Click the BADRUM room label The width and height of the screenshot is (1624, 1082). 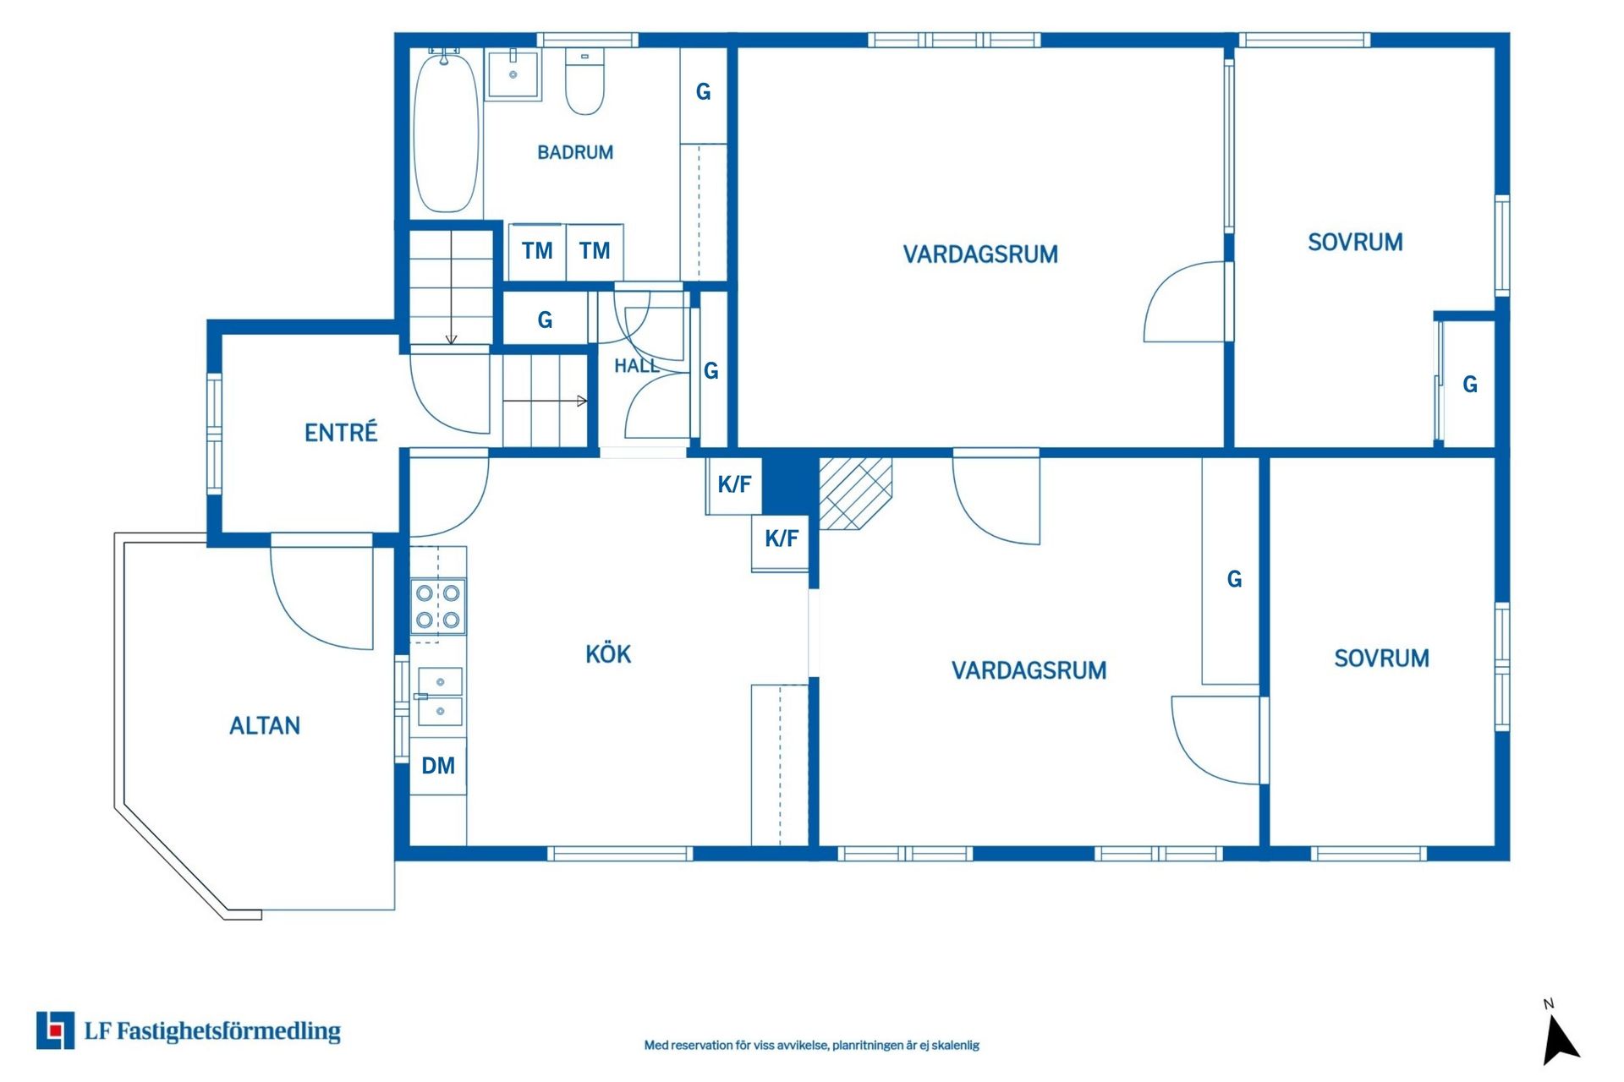pyautogui.click(x=575, y=152)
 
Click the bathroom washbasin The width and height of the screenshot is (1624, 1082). pyautogui.click(x=513, y=74)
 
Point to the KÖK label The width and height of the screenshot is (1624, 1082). pyautogui.click(x=608, y=653)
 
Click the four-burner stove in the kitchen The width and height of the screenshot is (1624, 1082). pyautogui.click(x=438, y=606)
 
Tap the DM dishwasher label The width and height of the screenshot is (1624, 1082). pyautogui.click(x=438, y=766)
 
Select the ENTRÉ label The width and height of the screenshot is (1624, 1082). pyautogui.click(x=341, y=432)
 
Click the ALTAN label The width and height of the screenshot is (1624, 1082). pyautogui.click(x=265, y=725)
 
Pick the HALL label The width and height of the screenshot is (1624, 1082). pyautogui.click(x=636, y=366)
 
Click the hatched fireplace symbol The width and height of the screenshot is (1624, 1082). pyautogui.click(x=855, y=494)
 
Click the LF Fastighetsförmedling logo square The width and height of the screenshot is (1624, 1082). pyautogui.click(x=55, y=1030)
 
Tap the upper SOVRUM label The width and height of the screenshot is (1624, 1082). pyautogui.click(x=1355, y=243)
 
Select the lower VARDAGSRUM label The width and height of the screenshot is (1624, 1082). pyautogui.click(x=1029, y=670)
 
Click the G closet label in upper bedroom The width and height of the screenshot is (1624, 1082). pyautogui.click(x=1470, y=385)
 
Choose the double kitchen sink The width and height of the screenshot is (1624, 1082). pyautogui.click(x=440, y=697)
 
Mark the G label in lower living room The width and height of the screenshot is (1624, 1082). pyautogui.click(x=1234, y=579)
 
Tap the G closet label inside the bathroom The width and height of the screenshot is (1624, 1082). pyautogui.click(x=703, y=91)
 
